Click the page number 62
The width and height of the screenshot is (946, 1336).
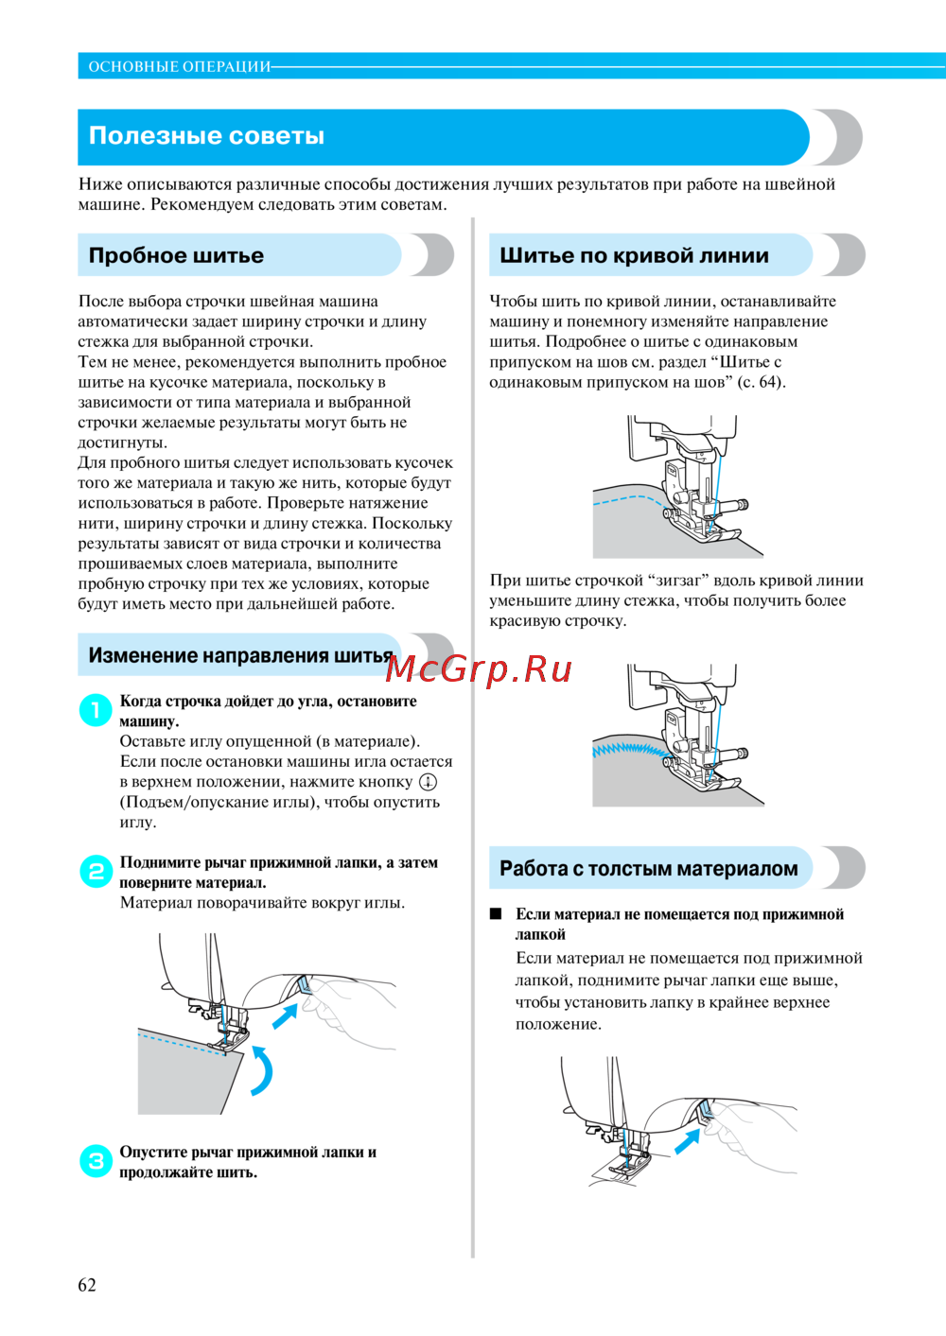[x=87, y=1284]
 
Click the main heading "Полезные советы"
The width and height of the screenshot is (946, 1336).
[x=206, y=136]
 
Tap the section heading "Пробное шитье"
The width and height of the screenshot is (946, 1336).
[x=176, y=255]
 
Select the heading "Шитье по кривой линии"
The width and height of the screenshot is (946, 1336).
[x=634, y=255]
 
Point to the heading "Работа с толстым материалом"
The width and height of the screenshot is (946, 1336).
[x=649, y=869]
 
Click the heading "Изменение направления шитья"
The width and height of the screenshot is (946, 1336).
[x=240, y=655]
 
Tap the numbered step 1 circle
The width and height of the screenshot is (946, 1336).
[x=96, y=709]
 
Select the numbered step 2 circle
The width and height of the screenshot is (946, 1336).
[x=96, y=871]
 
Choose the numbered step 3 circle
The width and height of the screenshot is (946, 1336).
[x=96, y=1160]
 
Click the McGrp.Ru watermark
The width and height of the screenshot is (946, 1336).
[x=479, y=669]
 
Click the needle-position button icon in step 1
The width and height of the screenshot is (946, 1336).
[x=428, y=782]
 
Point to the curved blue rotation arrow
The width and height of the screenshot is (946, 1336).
[x=262, y=1070]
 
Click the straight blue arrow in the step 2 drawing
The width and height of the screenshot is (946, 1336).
[x=285, y=1015]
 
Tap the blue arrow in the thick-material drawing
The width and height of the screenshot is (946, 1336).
[x=687, y=1141]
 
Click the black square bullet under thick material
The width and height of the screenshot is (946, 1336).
[x=495, y=914]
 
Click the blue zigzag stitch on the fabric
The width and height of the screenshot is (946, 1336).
[x=625, y=750]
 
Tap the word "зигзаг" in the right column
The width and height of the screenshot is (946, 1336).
[x=681, y=581]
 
